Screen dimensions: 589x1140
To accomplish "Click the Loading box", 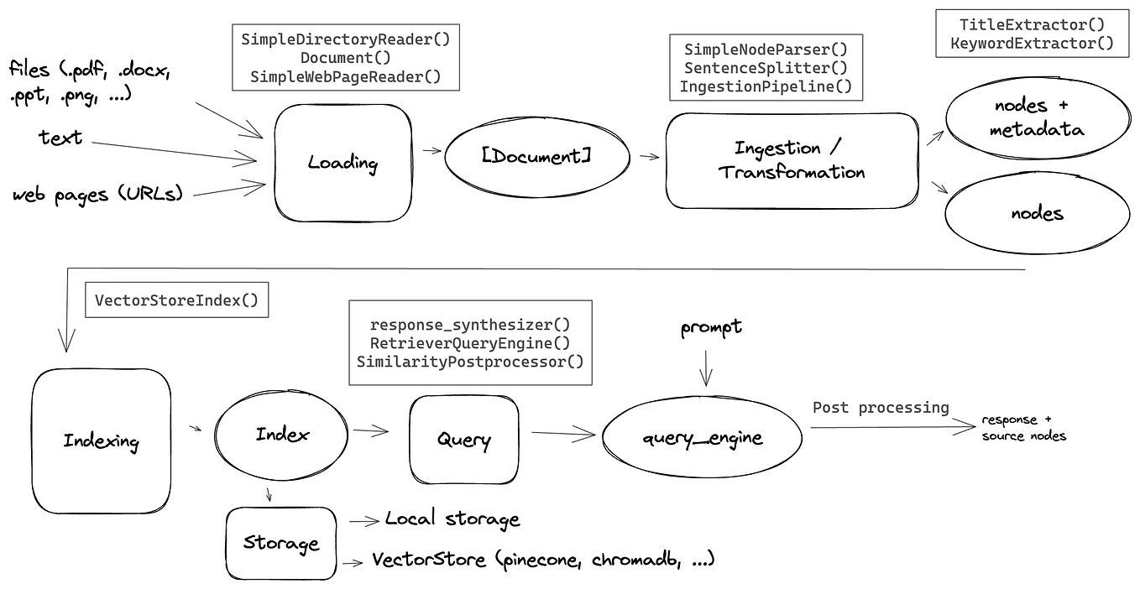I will (x=341, y=163).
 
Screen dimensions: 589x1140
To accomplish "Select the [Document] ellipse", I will (x=536, y=157).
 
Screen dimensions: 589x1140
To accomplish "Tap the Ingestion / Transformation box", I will (x=791, y=160).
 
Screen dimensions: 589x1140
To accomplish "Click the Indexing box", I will (x=101, y=441).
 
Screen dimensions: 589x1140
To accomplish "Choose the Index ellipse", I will (x=281, y=435).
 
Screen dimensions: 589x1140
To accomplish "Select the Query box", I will (x=463, y=439).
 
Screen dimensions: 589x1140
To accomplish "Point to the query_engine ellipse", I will (x=703, y=437).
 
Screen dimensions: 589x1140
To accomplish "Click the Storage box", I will (x=280, y=543).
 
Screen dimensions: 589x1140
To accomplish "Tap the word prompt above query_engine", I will (x=710, y=327).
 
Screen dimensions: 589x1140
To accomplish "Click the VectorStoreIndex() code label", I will (x=176, y=300).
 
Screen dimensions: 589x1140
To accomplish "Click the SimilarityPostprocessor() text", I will (x=469, y=362).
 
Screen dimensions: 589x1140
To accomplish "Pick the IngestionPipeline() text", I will (x=765, y=86).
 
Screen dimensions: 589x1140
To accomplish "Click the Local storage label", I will (x=452, y=519).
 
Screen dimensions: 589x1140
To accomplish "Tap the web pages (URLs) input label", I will (x=97, y=195).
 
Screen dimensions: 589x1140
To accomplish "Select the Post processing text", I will (x=880, y=408).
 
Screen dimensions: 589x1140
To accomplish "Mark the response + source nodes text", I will (x=1023, y=427).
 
